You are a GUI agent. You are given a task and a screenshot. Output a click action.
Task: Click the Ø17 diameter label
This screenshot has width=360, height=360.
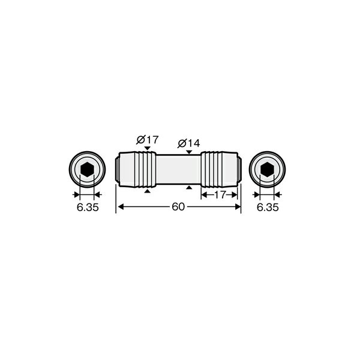148,140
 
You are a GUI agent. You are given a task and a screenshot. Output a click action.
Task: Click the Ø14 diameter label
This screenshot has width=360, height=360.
189,143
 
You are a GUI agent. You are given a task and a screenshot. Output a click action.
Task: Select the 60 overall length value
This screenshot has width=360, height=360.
178,207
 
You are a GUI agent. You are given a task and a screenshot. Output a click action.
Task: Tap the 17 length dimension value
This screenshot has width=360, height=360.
220,194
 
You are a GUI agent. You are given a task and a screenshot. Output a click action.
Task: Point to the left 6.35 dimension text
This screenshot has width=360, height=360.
88,208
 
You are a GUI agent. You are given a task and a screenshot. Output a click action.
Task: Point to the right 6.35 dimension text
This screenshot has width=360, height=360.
268,208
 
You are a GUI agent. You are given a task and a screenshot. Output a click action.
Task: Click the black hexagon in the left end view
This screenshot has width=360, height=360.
87,169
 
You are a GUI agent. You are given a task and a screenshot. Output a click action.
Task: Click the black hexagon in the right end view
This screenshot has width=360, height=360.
267,169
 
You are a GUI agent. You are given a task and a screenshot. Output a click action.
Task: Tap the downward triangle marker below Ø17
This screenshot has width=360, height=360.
148,148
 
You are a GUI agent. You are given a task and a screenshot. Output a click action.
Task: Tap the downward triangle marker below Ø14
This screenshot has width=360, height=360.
189,152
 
